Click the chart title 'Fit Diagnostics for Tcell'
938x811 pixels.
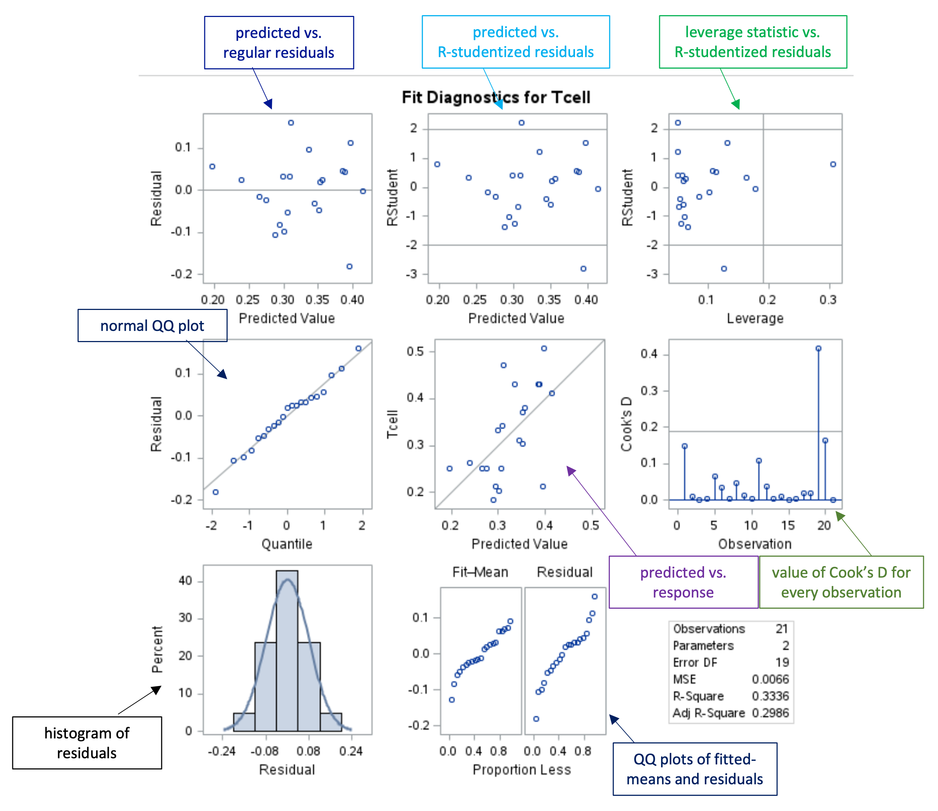coord(496,97)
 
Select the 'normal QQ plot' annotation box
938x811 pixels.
coord(152,325)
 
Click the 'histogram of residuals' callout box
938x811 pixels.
coord(87,743)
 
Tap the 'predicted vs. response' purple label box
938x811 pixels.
coord(683,582)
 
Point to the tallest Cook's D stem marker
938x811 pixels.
coord(818,349)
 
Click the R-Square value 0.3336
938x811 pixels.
coord(770,696)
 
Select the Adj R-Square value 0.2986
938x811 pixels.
coord(770,713)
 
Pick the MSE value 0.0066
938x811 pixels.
coord(770,679)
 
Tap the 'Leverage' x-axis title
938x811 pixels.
coord(755,319)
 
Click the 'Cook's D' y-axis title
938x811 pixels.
coord(626,424)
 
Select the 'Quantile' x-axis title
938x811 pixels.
coord(287,544)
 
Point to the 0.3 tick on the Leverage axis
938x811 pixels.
coord(828,299)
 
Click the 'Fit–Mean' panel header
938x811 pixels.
coord(480,573)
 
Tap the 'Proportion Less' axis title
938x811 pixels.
coord(522,770)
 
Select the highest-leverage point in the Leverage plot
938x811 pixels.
coord(833,164)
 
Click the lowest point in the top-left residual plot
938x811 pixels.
coord(349,267)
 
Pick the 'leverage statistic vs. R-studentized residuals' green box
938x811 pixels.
coord(753,42)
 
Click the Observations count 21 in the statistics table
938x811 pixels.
coord(782,629)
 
